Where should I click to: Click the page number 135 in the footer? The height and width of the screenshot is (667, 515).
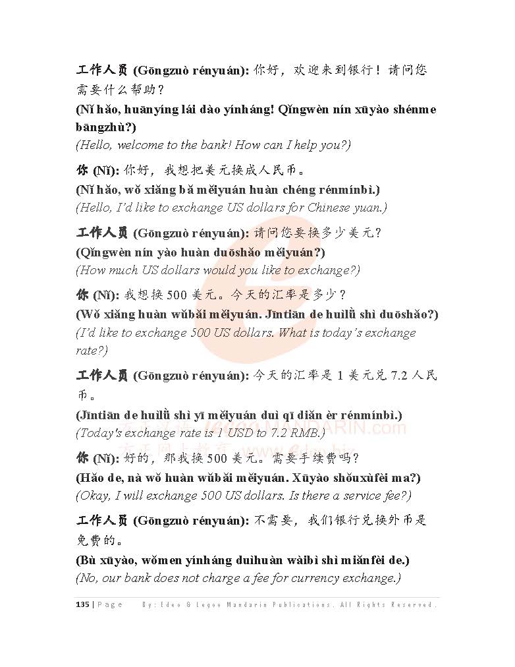point(82,604)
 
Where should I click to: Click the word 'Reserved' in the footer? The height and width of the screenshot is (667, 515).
point(413,604)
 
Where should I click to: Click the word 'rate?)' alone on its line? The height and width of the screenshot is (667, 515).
point(92,350)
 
